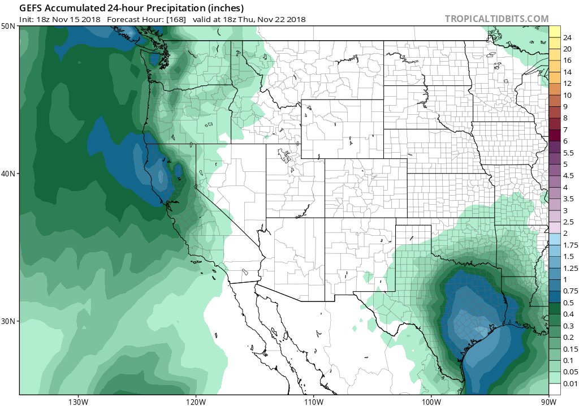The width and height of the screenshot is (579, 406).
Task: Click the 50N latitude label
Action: [x=8, y=27]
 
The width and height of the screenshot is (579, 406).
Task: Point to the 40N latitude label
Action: [x=8, y=174]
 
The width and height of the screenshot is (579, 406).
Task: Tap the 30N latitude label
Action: [x=8, y=321]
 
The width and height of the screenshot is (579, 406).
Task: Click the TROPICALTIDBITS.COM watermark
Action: [x=496, y=19]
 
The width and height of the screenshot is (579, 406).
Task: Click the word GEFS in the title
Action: [x=32, y=8]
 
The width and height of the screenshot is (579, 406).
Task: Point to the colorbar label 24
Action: [x=567, y=37]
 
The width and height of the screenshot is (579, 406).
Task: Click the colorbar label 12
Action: [x=567, y=84]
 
